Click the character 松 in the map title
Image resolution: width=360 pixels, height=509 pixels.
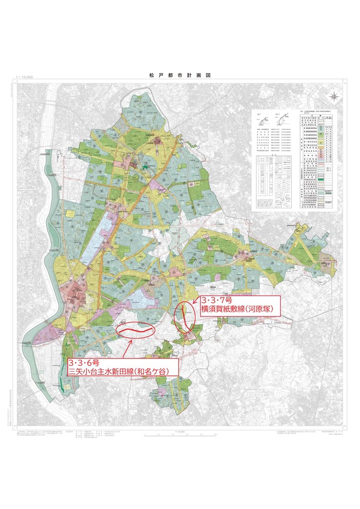click(x=152, y=77)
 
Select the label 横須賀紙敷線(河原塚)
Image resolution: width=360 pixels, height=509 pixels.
click(x=239, y=309)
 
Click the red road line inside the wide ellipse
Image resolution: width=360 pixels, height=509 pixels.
click(x=134, y=330)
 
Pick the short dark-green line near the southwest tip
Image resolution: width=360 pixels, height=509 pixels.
click(x=64, y=390)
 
